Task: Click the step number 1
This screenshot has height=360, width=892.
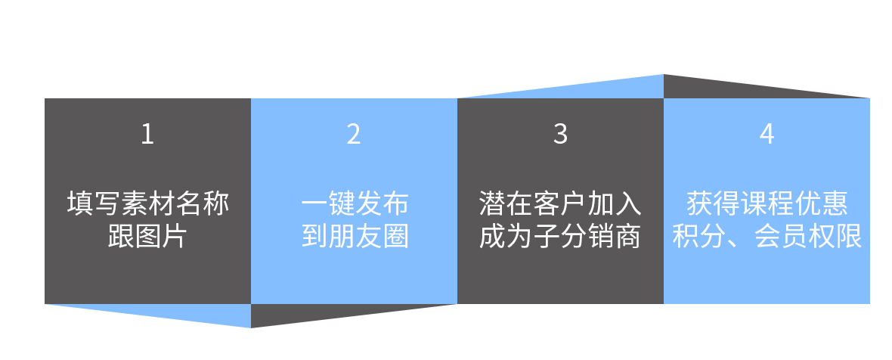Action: point(147,134)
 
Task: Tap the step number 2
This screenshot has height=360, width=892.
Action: point(354,134)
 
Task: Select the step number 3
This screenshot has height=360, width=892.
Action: point(560,134)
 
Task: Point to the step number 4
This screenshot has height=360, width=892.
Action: point(767,134)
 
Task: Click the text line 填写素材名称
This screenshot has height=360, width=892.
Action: point(147,203)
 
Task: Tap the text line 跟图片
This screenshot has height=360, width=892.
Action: point(147,237)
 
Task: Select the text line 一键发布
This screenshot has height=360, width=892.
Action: point(354,203)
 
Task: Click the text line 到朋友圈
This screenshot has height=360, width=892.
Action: point(354,237)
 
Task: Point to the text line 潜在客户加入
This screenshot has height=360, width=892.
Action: point(560,203)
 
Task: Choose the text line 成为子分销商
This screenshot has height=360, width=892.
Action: point(560,237)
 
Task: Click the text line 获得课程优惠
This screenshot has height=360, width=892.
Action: point(767,203)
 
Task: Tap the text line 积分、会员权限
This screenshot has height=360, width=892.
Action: point(767,237)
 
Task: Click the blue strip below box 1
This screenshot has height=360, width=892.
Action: point(147,316)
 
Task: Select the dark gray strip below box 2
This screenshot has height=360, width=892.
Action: point(354,316)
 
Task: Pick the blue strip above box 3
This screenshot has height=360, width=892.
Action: point(560,86)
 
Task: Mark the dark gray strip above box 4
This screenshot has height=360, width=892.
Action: point(767,86)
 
